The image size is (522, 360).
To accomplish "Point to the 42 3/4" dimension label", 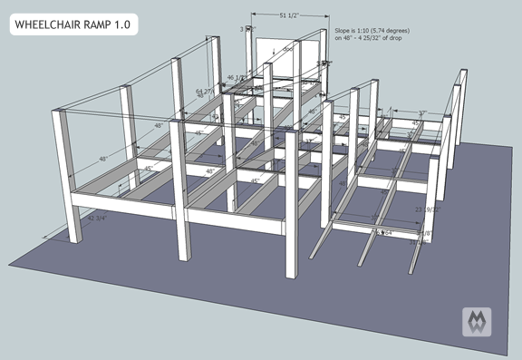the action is point(102,219).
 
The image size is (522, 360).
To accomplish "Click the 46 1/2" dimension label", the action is point(237,78).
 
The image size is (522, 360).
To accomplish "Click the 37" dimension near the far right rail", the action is point(422,114).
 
